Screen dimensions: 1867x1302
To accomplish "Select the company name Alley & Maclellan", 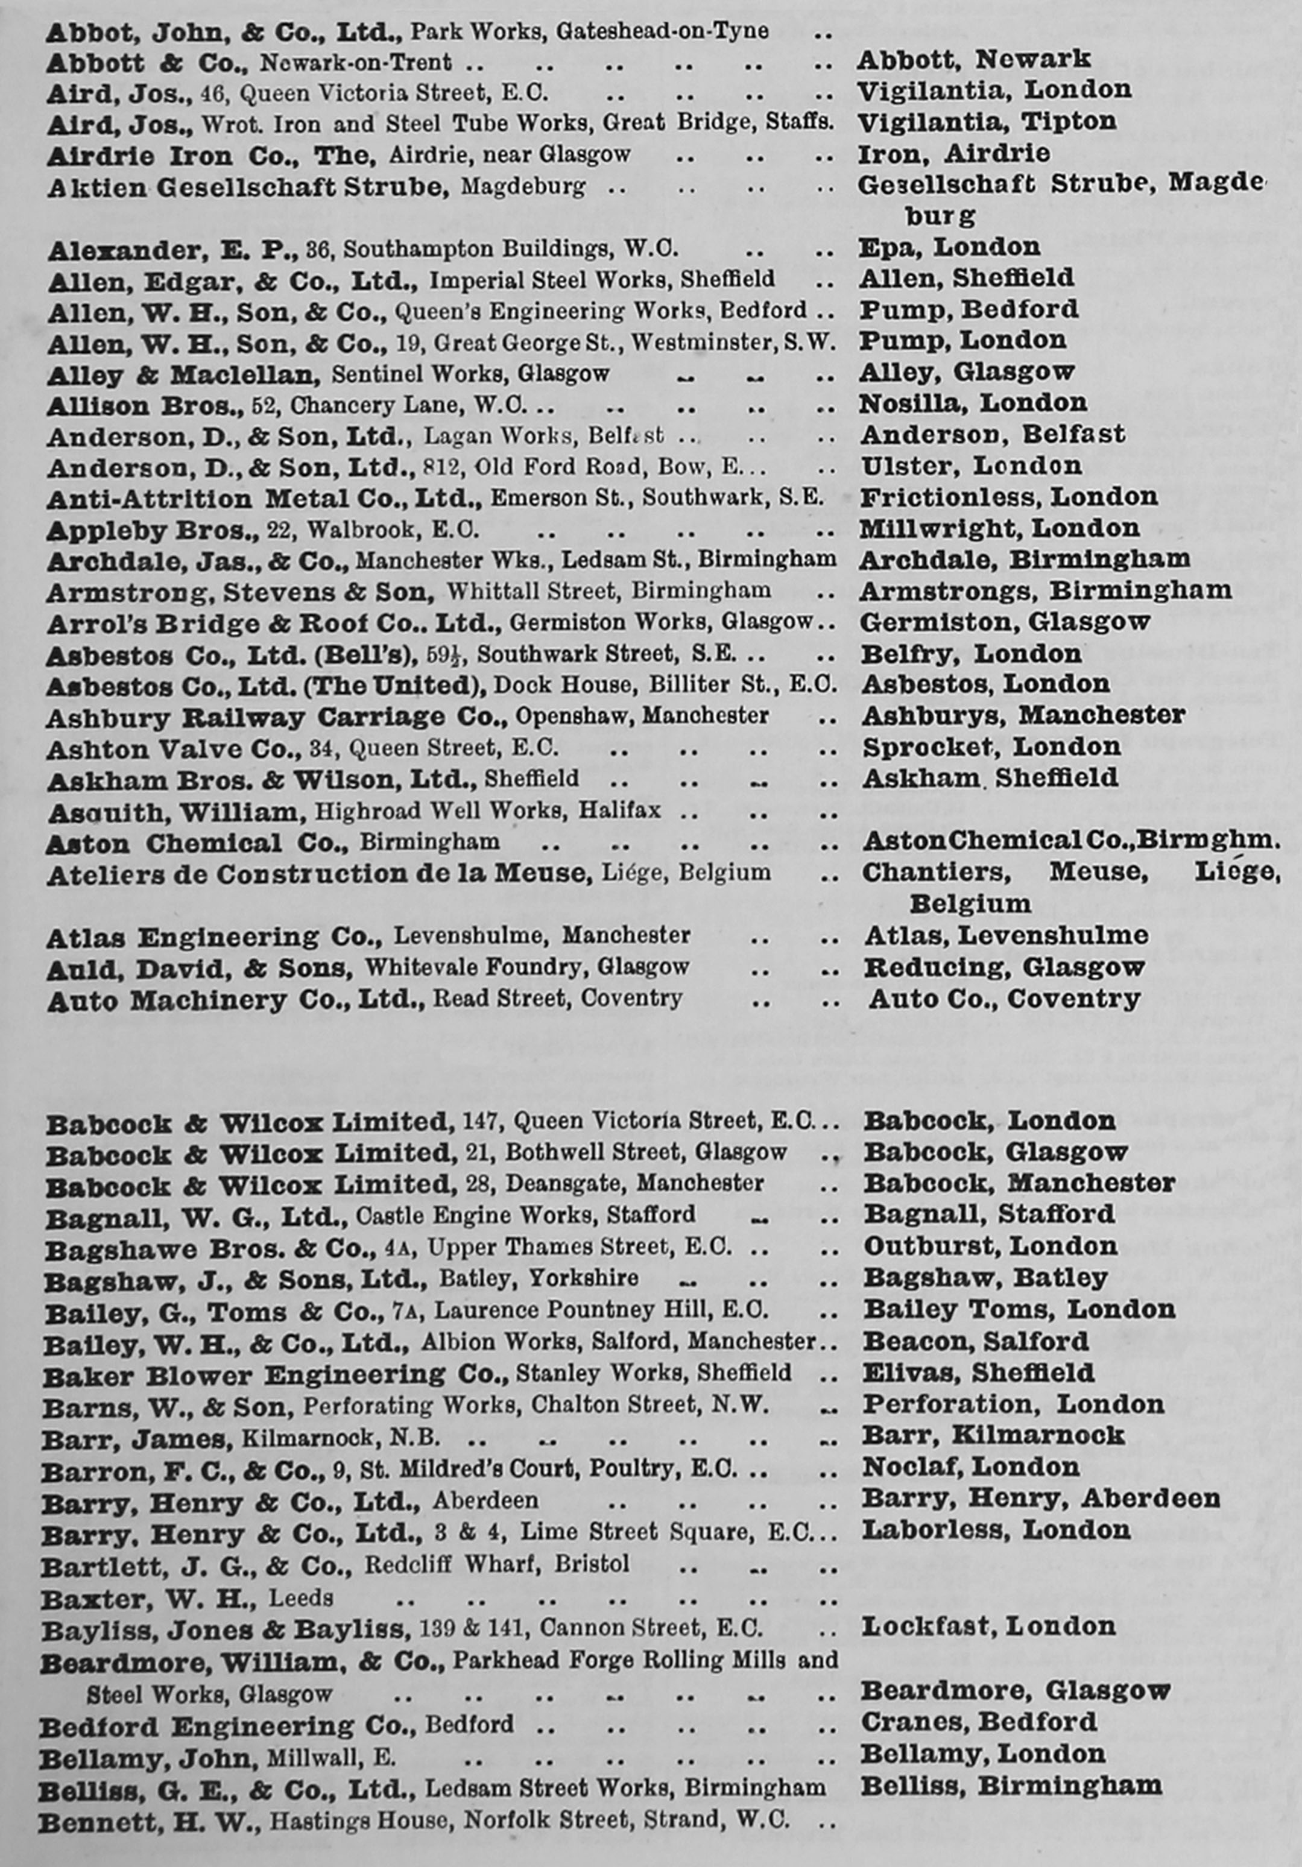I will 180,375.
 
